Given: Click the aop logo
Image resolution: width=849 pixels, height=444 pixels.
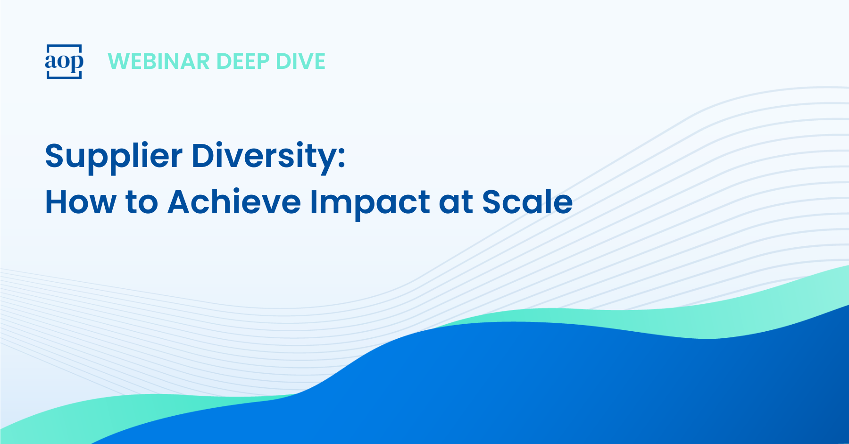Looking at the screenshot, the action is pos(64,61).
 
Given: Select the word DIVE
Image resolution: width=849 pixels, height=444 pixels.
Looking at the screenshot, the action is pos(300,61).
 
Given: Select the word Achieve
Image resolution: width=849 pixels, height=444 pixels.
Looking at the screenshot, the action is pos(234,201).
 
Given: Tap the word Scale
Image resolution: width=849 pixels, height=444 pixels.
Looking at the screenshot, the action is pos(527,201).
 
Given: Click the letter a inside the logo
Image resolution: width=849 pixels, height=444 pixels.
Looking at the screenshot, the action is pos(51,62).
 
